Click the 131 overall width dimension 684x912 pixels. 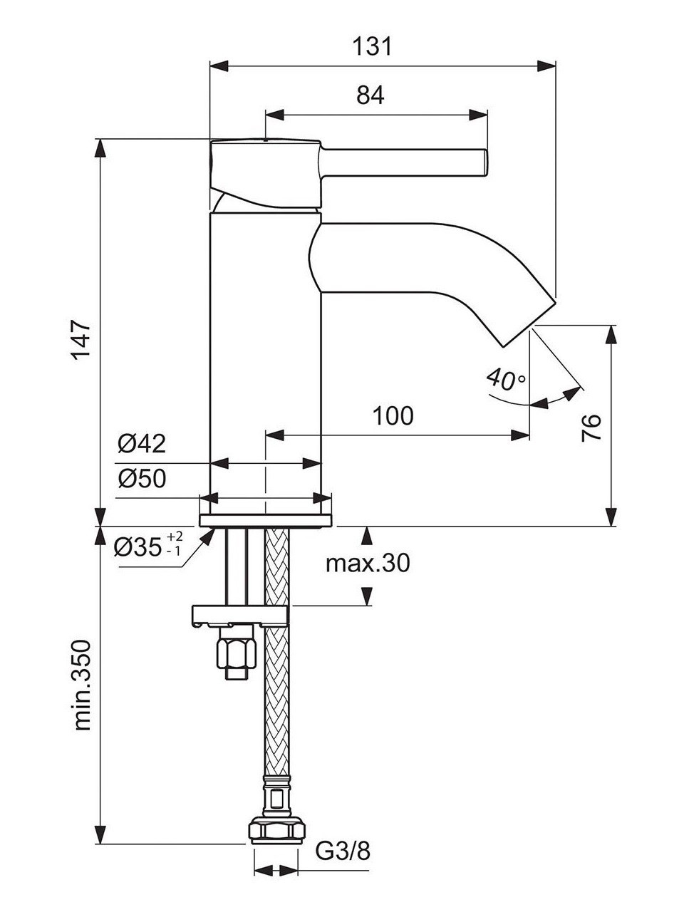click(372, 47)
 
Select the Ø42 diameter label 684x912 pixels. click(142, 444)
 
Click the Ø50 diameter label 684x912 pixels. click(142, 479)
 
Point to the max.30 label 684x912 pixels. click(368, 564)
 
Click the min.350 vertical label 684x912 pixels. click(83, 685)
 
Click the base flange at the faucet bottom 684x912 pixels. click(265, 519)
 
